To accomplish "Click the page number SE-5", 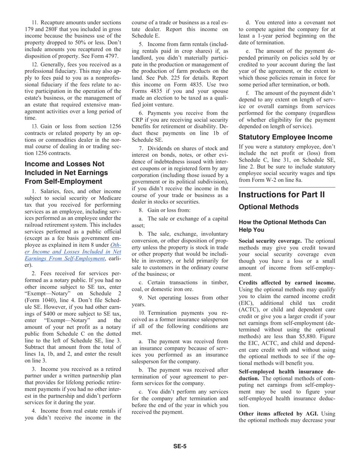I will pyautogui.click(x=180, y=446).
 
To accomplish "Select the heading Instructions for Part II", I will pyautogui.click(x=282, y=195).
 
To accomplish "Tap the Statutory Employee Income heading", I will pyautogui.click(x=286, y=137).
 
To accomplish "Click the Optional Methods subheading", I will pyautogui.click(x=268, y=207).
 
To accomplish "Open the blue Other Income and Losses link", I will pyautogui.click(x=73, y=252).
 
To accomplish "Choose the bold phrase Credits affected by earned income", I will pyautogui.click(x=287, y=282).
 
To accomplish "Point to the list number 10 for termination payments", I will pyautogui.click(x=142, y=313).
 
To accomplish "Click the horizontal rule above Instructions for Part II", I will pyautogui.click(x=287, y=187).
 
